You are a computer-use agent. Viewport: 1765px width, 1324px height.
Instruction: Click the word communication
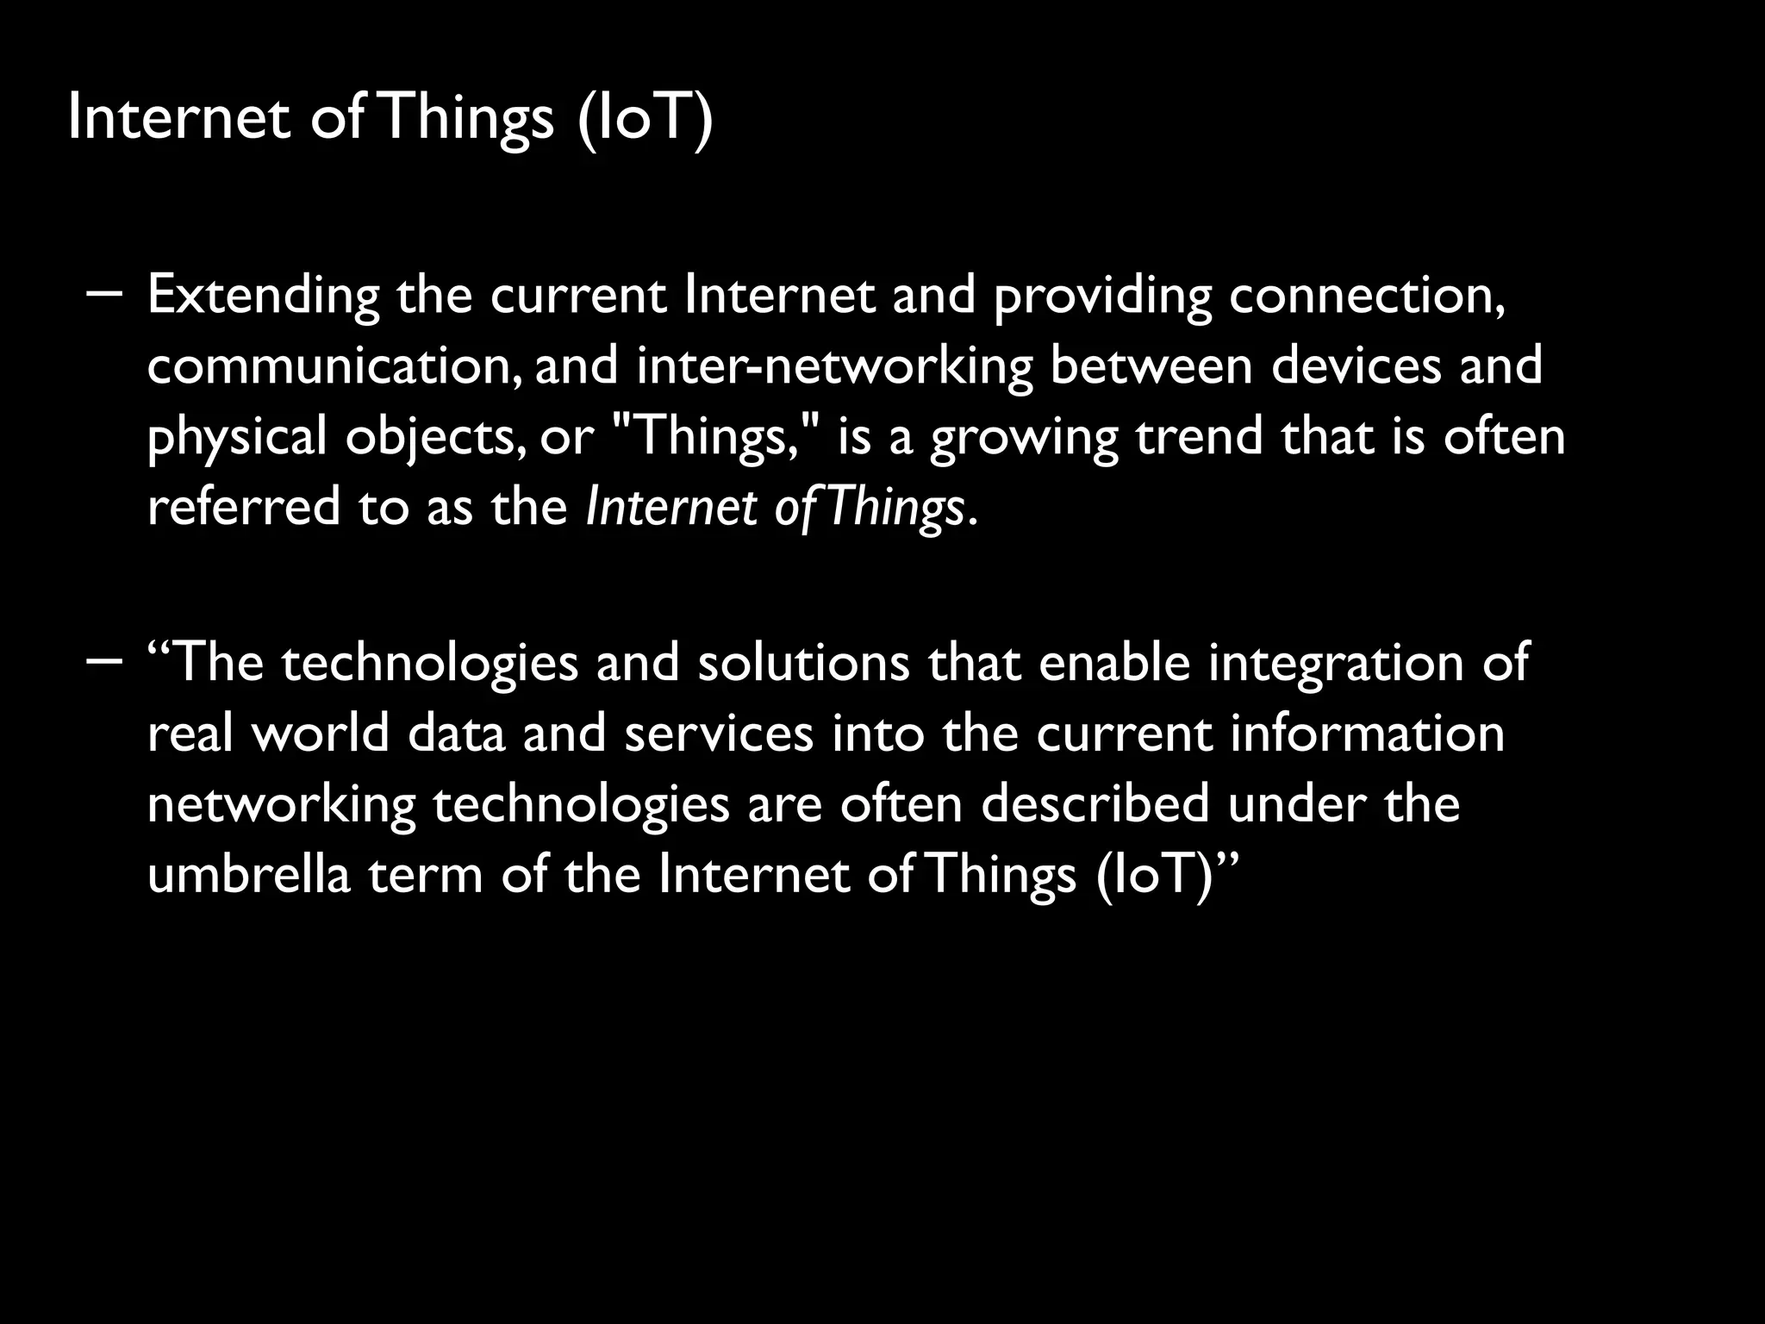pyautogui.click(x=333, y=366)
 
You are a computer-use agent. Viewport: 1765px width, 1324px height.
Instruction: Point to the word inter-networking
pyautogui.click(x=834, y=366)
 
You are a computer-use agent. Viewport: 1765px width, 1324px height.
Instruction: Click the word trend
pyautogui.click(x=1199, y=435)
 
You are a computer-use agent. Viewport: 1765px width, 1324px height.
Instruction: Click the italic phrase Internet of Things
pyautogui.click(x=774, y=508)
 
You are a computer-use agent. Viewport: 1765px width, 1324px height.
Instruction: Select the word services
pyautogui.click(x=719, y=734)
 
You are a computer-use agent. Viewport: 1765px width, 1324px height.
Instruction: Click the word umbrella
pyautogui.click(x=249, y=875)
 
